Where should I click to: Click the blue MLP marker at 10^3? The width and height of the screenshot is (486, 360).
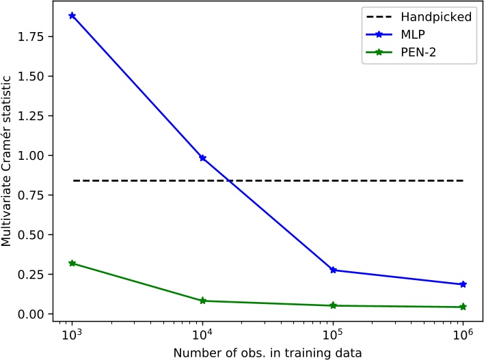[x=72, y=16]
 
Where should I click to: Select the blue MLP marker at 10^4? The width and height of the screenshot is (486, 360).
[x=202, y=158]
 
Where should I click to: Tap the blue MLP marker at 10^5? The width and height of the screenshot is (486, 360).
[x=333, y=270]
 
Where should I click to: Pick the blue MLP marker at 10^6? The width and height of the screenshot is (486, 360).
[x=463, y=284]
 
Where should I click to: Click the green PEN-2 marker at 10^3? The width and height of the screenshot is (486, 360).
[x=72, y=263]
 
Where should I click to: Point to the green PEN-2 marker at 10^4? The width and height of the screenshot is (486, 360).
[x=202, y=301]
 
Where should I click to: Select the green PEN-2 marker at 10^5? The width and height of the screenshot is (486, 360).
[x=333, y=305]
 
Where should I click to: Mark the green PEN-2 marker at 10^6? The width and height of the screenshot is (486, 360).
[x=463, y=307]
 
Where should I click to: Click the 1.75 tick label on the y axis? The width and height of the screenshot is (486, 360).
[x=33, y=36]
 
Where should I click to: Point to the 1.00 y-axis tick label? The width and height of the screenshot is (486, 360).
[x=33, y=156]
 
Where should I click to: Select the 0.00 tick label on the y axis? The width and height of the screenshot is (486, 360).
[x=33, y=314]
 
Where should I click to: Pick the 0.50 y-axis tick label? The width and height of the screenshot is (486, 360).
[x=33, y=235]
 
